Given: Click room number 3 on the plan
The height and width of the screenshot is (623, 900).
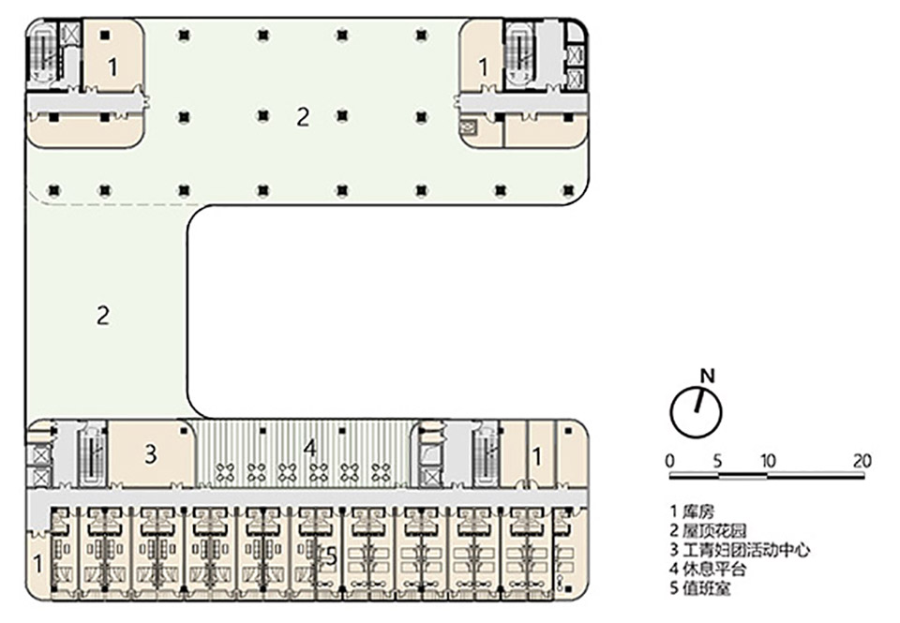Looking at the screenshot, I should point(149,455).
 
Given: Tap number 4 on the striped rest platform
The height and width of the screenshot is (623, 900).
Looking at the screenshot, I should point(309,448).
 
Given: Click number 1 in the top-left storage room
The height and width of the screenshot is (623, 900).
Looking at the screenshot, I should point(112,67).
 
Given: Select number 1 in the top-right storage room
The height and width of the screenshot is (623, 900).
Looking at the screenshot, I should point(484,67).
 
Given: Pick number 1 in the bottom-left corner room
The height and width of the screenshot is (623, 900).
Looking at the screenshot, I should point(37,564).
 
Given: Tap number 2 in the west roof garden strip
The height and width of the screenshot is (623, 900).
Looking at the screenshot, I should point(102,315).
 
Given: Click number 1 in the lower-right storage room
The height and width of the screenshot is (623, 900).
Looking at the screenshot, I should point(537,456).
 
